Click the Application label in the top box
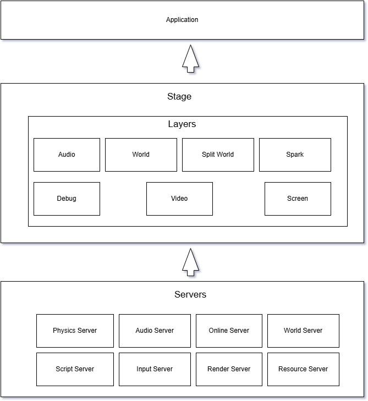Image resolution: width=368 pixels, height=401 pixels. pos(182,20)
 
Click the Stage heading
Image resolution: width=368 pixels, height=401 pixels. pos(179,97)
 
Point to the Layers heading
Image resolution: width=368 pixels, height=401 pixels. pos(182,124)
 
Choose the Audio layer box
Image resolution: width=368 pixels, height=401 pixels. pos(67,155)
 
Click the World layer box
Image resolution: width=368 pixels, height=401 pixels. pos(141,155)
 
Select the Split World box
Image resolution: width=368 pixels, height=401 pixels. pos(218,155)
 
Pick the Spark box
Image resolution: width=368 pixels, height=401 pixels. pos(295,155)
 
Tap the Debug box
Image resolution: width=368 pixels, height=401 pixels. pos(67,199)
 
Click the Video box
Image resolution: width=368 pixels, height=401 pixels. pos(179,199)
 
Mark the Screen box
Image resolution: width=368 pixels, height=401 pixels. pos(298,199)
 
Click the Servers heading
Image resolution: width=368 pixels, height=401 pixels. pos(190,295)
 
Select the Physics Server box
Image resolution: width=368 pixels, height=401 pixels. pos(75,331)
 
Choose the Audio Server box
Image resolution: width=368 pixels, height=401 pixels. pos(155,331)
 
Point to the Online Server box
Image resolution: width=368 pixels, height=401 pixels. pos(229,331)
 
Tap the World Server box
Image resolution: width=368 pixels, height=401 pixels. pos(303,331)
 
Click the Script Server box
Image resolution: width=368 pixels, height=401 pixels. pos(75,369)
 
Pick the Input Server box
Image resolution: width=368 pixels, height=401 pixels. pos(155,369)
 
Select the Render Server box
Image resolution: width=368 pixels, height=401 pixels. pos(229,369)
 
